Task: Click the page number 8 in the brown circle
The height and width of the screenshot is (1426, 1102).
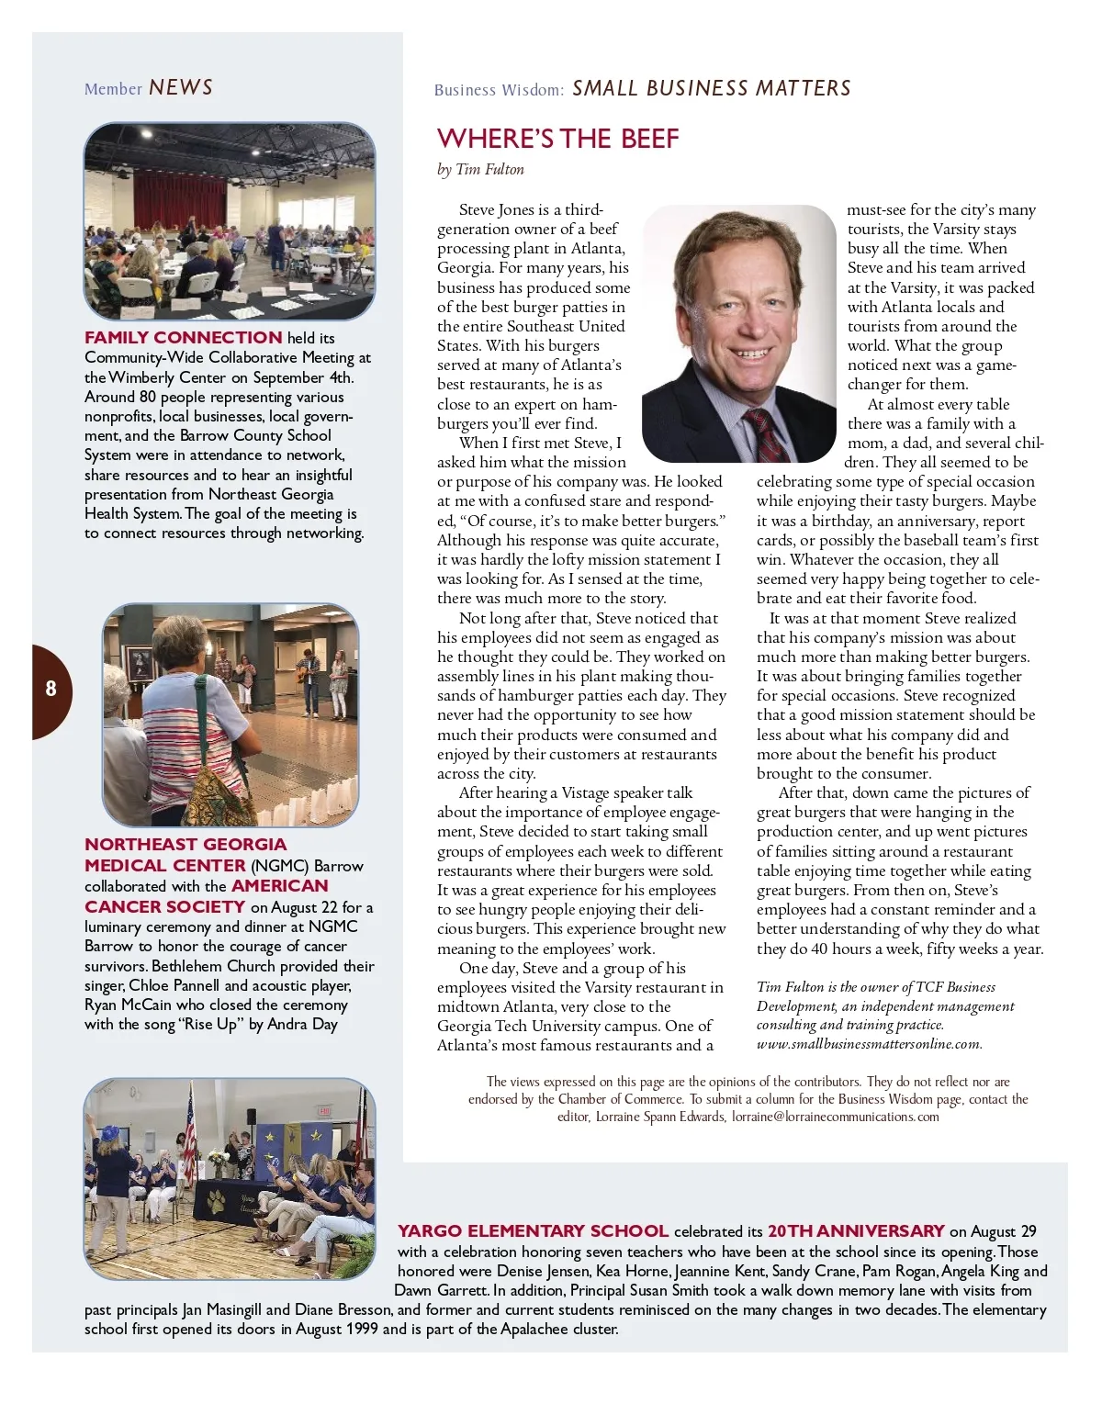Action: (x=51, y=689)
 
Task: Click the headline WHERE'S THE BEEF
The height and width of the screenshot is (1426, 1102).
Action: (x=557, y=139)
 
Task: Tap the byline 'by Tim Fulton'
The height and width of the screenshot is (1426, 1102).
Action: (x=480, y=169)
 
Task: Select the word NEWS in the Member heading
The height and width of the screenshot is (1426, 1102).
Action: (x=181, y=88)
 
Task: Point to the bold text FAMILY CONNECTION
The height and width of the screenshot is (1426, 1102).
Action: (x=184, y=338)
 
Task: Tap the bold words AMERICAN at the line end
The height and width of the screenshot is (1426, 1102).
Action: (x=280, y=886)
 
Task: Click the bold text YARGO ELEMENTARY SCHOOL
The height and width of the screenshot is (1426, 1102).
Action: (x=533, y=1231)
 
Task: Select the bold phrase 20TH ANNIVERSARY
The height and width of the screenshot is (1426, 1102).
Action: (x=856, y=1231)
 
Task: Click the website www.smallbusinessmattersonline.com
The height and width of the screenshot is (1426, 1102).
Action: (x=869, y=1044)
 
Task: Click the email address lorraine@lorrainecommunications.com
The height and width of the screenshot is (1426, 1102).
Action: (x=835, y=1117)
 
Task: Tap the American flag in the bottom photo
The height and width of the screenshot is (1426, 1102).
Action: (x=191, y=1129)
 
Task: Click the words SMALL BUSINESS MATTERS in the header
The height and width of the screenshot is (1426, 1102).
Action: (x=711, y=89)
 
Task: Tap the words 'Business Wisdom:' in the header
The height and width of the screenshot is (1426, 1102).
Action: (x=499, y=90)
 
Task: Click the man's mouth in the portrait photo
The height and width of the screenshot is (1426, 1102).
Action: (x=748, y=354)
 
